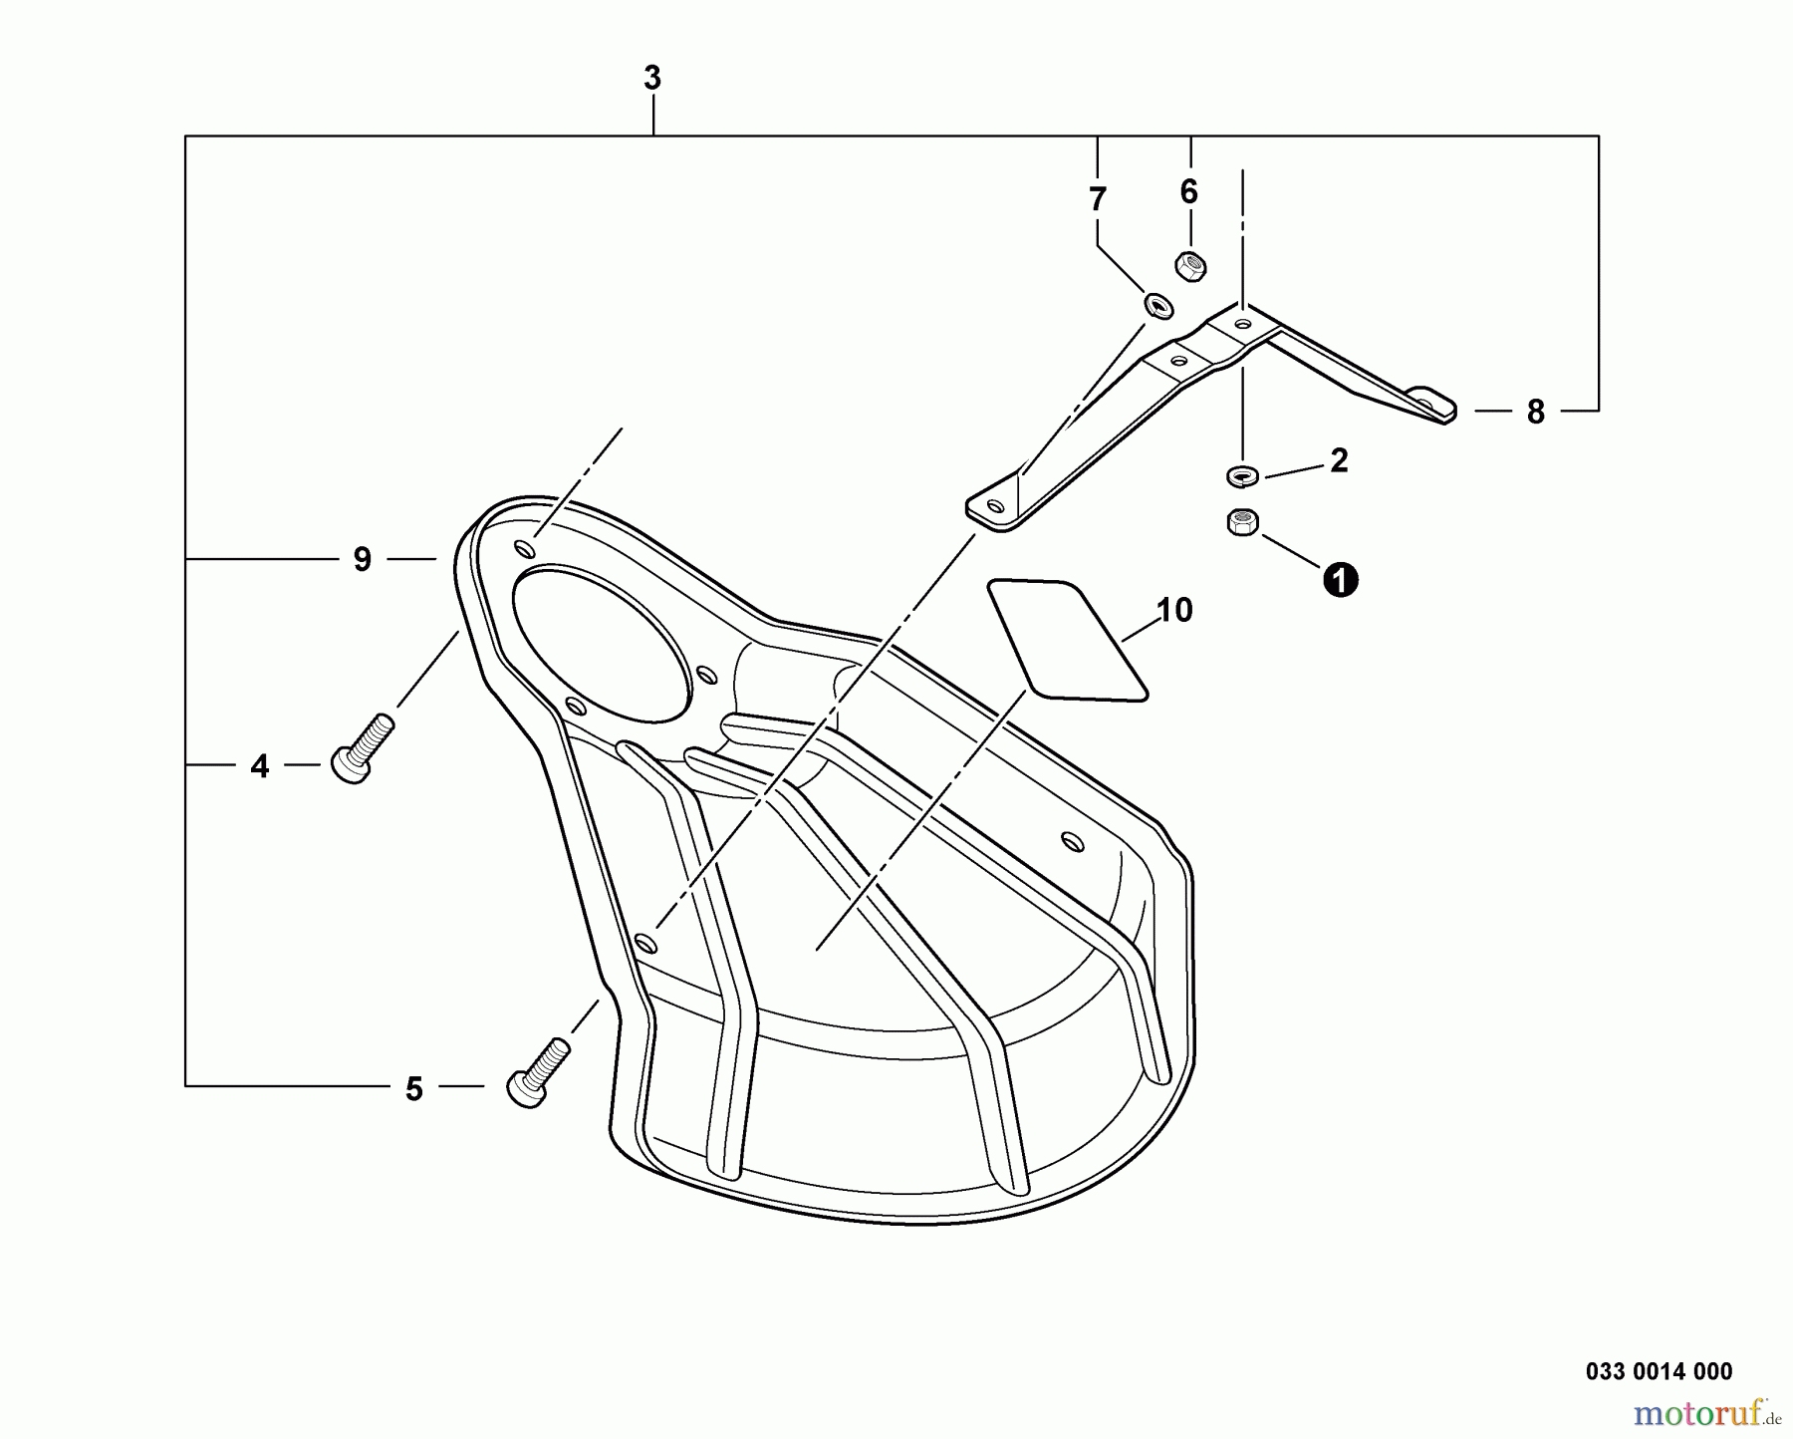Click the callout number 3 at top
click(x=652, y=78)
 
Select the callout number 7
click(x=1098, y=199)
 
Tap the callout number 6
click(x=1188, y=191)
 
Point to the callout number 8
click(x=1535, y=412)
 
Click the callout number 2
click(x=1339, y=460)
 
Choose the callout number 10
click(x=1175, y=610)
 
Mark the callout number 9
click(x=363, y=560)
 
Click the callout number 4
click(x=260, y=766)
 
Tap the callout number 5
click(x=414, y=1089)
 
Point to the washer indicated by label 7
click(x=1158, y=305)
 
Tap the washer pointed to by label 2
click(x=1242, y=476)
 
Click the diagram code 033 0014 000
click(x=1659, y=1371)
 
